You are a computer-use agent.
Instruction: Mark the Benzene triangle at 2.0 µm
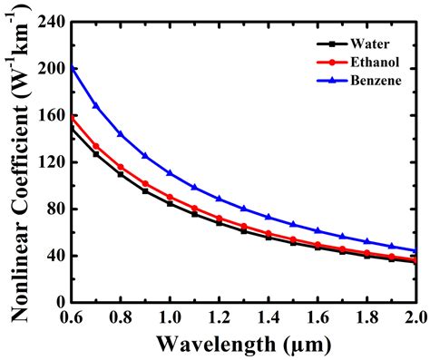click(x=415, y=250)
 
